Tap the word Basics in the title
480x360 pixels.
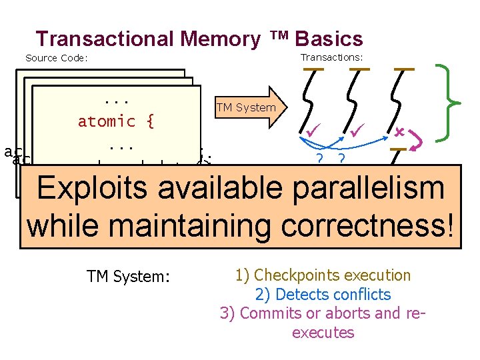(x=329, y=39)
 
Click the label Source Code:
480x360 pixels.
(x=57, y=58)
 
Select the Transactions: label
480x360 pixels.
(x=331, y=57)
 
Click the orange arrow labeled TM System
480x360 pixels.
(x=247, y=107)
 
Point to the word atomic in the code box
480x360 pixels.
(x=107, y=122)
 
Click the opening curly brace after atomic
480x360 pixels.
(x=150, y=122)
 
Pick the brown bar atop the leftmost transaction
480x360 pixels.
(x=313, y=69)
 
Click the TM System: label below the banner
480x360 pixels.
(x=128, y=276)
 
